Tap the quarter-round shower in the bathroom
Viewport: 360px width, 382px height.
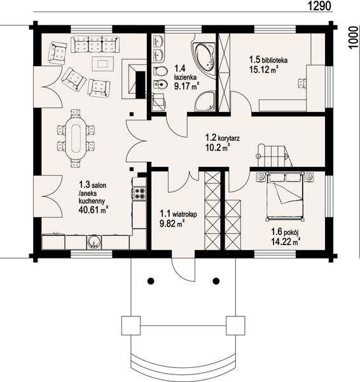205,101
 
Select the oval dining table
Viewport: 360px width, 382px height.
76,138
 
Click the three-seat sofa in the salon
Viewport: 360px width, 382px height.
95,45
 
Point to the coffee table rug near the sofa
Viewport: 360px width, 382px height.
103,64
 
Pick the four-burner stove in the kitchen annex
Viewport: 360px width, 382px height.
139,194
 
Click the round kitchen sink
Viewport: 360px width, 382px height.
93,242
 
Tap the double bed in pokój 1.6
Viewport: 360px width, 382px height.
285,196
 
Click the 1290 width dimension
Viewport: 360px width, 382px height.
319,6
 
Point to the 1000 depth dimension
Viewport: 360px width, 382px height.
353,38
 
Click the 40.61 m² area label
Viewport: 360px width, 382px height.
93,209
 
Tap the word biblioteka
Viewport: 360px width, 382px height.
275,60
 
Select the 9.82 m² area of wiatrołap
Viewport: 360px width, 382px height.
172,223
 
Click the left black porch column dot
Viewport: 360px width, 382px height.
151,281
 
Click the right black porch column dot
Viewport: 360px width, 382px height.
216,281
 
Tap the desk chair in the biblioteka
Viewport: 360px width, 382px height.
303,83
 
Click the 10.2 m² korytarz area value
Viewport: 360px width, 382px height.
218,148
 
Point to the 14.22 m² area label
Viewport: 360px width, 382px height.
286,242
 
